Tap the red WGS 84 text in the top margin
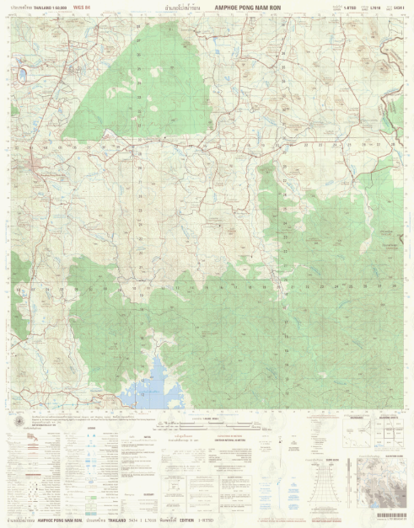point(83,7)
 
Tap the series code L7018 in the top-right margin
point(375,7)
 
